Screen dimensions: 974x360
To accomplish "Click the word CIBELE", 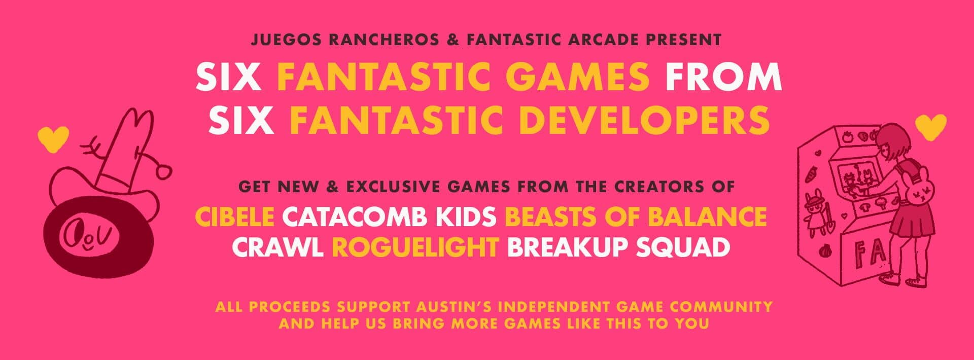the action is point(235,217).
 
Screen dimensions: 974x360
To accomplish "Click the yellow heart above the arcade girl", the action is point(931,127).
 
